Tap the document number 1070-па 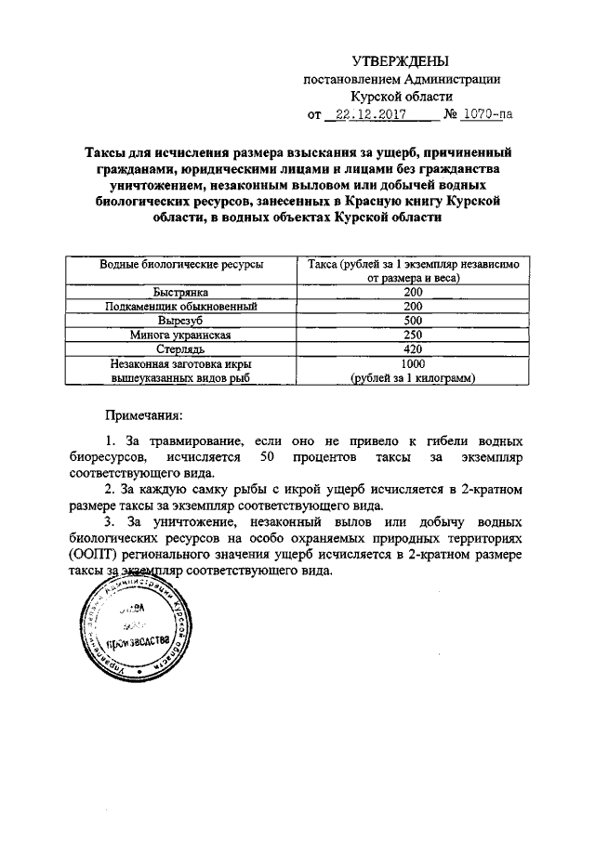485,115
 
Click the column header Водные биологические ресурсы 181,265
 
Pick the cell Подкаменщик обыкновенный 181,306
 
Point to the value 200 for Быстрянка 413,292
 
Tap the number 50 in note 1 268,457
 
